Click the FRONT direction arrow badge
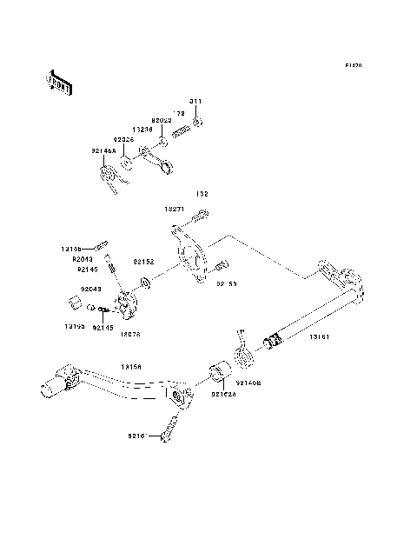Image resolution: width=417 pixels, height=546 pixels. coord(60,81)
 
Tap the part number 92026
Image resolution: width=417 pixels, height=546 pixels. coord(122,139)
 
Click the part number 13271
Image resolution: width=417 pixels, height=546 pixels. coord(176,210)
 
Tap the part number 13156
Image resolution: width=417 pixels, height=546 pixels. coord(133,367)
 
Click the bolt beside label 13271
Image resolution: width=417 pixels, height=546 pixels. coord(201,214)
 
